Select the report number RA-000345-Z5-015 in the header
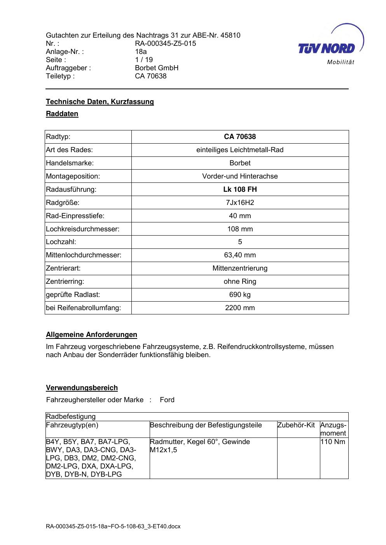coord(165,43)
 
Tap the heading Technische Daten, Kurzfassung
coord(100,102)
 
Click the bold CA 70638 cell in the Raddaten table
coord(240,137)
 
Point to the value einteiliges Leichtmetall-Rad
coord(240,150)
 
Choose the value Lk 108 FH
coord(240,189)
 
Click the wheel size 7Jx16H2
coord(240,203)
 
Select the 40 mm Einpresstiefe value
coord(240,216)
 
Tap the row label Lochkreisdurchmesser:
coord(83,229)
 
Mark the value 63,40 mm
coord(240,255)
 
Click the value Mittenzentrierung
coord(240,268)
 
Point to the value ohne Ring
coord(240,281)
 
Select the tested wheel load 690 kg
coord(240,295)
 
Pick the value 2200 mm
coord(240,308)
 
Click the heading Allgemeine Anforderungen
coord(91,335)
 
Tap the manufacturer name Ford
coord(167,400)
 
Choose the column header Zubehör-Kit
coord(296,425)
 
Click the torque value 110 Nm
coord(333,442)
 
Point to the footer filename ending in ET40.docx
coord(113,527)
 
